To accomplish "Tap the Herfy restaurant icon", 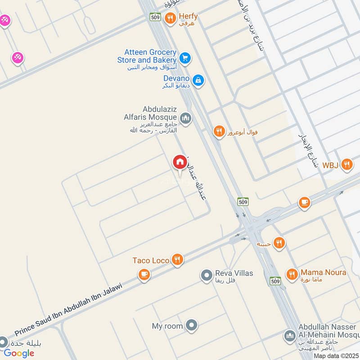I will click(170, 18).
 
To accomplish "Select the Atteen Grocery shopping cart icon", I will click(184, 58).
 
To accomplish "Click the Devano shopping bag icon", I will click(198, 81).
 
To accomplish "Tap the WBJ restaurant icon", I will click(346, 164).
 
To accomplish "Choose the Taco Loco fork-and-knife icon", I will click(178, 260).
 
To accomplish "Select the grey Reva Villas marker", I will click(207, 274).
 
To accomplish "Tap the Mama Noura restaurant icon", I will click(292, 274).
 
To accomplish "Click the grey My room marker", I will click(192, 325).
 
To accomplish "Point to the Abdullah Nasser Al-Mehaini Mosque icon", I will click(289, 336).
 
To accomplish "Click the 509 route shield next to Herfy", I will click(155, 17).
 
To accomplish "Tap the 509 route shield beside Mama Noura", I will click(275, 281).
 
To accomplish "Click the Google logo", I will click(19, 353).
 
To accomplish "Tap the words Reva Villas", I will click(234, 273).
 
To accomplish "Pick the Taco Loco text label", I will click(151, 261).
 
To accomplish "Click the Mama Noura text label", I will click(324, 273).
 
